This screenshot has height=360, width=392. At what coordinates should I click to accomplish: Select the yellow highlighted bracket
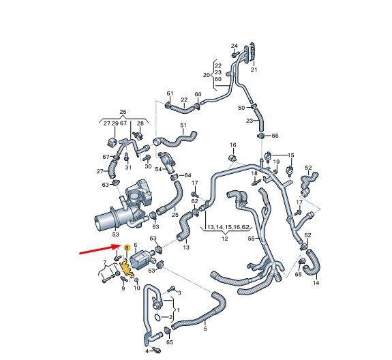click(x=127, y=269)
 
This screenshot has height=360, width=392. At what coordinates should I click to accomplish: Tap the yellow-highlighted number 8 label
click(x=127, y=247)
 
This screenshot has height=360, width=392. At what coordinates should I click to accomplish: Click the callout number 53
click(x=115, y=235)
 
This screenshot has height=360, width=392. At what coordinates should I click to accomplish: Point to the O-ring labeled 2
click(x=157, y=318)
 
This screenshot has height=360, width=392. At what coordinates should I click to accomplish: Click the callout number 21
click(x=254, y=70)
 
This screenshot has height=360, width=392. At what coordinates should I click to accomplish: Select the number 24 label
click(x=235, y=46)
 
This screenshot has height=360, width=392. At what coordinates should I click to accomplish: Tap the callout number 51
click(x=183, y=125)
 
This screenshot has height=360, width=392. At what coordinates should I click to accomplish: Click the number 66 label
click(x=275, y=136)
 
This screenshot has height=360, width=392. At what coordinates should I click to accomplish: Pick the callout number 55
click(x=252, y=239)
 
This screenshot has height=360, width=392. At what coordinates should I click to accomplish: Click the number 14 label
click(x=316, y=283)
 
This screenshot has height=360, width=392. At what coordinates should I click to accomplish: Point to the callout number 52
click(x=309, y=168)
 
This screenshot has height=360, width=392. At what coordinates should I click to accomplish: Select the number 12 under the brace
click(x=225, y=239)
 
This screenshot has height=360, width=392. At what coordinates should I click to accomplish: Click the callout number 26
click(x=123, y=112)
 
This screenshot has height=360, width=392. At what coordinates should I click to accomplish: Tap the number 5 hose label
click(x=205, y=329)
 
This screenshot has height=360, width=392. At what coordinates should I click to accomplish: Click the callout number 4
click(x=147, y=351)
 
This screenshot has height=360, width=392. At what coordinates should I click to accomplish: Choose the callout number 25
click(x=175, y=215)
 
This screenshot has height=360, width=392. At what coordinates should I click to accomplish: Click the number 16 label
click(x=233, y=145)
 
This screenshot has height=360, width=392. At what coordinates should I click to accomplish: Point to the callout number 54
click(x=158, y=169)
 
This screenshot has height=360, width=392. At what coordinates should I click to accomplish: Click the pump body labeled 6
click(x=141, y=258)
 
